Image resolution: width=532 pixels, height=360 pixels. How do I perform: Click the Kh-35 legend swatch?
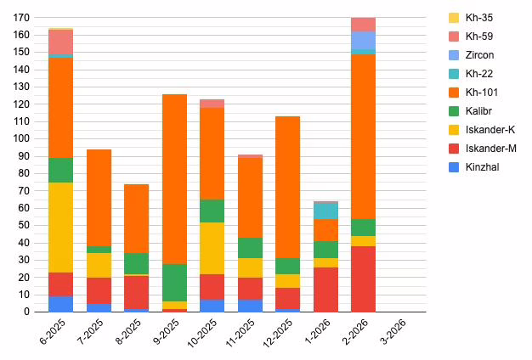(454, 18)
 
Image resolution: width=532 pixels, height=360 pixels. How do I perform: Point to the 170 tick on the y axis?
(21, 18)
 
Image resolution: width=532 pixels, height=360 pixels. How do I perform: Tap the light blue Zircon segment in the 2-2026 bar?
(364, 40)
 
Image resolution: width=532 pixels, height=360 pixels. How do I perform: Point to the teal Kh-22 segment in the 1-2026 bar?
(325, 211)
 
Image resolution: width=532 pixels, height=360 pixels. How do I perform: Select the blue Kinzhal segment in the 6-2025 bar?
(60, 304)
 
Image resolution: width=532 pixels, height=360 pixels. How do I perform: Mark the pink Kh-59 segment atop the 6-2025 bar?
(60, 41)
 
